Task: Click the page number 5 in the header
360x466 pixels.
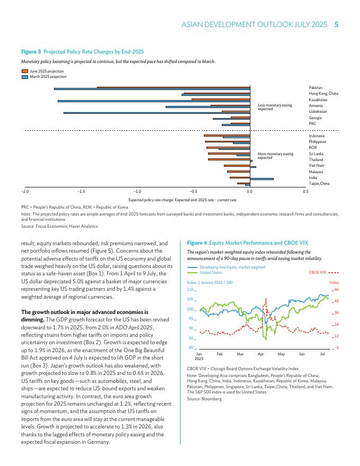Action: [337, 24]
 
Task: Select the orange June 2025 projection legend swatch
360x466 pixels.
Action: [25, 71]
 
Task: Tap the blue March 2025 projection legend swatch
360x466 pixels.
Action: [25, 76]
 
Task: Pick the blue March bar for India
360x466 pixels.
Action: [262, 179]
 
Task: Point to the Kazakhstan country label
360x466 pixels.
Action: [318, 100]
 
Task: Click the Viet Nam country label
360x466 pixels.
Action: [317, 166]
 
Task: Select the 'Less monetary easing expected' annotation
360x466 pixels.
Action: [275, 107]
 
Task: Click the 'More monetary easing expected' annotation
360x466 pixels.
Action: [275, 156]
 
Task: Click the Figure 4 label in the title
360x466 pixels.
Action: [197, 243]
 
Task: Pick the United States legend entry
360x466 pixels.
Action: [211, 273]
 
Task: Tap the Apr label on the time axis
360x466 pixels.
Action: [260, 353]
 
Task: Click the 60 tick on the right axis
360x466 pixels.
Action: [336, 290]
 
